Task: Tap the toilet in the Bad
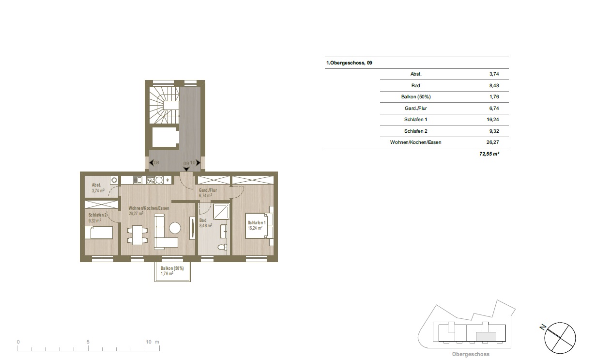[222, 248]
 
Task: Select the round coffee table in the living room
[175, 228]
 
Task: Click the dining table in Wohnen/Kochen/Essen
[138, 235]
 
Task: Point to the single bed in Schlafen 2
[99, 233]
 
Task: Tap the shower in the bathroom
[221, 211]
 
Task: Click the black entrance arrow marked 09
[186, 169]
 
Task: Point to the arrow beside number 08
[152, 162]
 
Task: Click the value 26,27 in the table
[492, 142]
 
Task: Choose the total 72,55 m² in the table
[489, 154]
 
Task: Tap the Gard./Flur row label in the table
[415, 109]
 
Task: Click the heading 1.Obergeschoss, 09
[349, 63]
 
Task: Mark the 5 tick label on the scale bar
[88, 342]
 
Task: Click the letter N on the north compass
[543, 327]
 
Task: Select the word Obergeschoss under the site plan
[471, 354]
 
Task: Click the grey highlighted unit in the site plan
[486, 336]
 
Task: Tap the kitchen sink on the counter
[138, 180]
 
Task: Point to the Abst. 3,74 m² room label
[98, 188]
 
